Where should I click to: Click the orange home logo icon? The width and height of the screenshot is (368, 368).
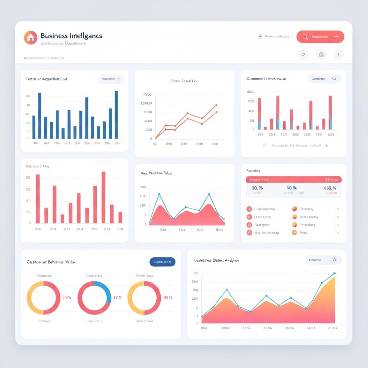click(x=31, y=38)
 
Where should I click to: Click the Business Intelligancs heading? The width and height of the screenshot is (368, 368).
click(x=71, y=36)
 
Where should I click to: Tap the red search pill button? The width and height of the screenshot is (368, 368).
click(x=320, y=37)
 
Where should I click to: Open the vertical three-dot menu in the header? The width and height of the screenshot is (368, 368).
click(x=338, y=55)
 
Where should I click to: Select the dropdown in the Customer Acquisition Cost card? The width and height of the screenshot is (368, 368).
click(x=110, y=79)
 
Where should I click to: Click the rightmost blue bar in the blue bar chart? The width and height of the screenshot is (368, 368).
click(x=116, y=115)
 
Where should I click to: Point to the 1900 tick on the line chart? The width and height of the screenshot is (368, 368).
click(x=147, y=95)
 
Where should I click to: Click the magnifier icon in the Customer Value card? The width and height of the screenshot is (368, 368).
click(x=334, y=79)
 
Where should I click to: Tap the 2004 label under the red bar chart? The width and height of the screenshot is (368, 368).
click(x=331, y=135)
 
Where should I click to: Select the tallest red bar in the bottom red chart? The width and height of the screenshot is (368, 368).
click(x=103, y=197)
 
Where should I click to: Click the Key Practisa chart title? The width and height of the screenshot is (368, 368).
click(x=157, y=173)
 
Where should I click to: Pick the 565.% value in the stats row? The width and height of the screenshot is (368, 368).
click(x=330, y=188)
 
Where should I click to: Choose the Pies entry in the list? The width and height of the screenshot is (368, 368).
click(x=303, y=233)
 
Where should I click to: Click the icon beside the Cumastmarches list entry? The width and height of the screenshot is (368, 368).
click(x=249, y=209)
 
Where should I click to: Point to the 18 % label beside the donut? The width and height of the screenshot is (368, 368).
click(x=118, y=298)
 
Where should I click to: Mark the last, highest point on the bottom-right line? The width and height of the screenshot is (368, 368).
click(x=334, y=273)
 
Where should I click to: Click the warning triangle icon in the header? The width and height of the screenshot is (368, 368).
click(x=260, y=37)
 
